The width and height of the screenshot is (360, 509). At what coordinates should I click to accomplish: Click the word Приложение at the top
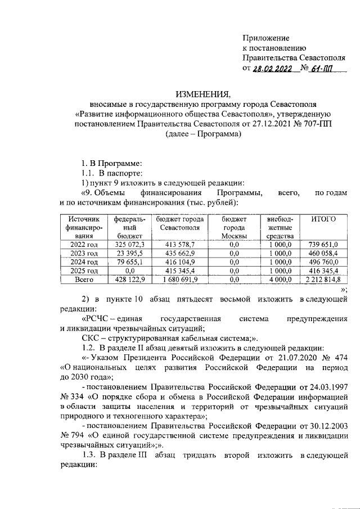click(x=265, y=38)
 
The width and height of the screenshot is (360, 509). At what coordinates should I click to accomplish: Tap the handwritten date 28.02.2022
click(x=272, y=69)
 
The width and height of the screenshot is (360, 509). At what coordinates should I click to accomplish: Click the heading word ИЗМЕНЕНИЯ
click(x=204, y=93)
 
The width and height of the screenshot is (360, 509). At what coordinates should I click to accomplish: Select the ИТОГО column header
click(x=323, y=218)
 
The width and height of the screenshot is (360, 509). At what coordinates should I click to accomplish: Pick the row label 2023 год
click(x=84, y=253)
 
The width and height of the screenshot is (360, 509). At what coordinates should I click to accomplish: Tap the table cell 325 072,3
click(x=129, y=245)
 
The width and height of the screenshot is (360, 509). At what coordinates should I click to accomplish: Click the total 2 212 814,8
click(x=323, y=279)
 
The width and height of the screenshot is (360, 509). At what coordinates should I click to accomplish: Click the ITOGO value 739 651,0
click(x=323, y=245)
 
